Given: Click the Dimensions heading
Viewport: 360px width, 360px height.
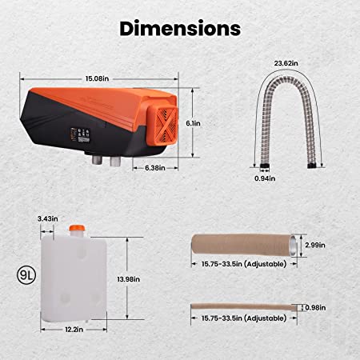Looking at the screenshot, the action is coord(180,28).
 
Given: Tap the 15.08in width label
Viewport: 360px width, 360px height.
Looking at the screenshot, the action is coord(97,78).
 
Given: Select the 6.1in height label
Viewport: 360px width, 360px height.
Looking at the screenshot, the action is coord(193,123).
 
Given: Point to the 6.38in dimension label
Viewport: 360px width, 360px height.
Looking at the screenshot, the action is coord(155,168).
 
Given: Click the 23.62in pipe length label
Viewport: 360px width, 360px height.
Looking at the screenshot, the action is coord(286,63).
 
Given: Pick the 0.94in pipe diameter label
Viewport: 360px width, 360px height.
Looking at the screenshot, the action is coord(265,178).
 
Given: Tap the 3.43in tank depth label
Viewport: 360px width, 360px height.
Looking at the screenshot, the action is coord(48,218).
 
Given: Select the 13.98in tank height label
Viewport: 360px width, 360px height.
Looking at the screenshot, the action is coord(129,279).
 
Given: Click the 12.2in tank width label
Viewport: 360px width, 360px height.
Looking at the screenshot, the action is coord(74,330).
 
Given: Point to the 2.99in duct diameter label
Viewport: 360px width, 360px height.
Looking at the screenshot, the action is coord(315,245).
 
